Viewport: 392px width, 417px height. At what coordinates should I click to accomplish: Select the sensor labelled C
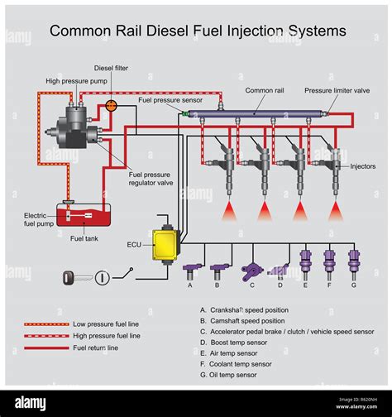pos(251,270)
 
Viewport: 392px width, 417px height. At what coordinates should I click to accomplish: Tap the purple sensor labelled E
pos(305,261)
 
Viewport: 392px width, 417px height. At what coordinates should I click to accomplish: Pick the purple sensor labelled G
pos(353,261)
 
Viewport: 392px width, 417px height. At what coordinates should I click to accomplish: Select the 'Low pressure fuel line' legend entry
pos(107,324)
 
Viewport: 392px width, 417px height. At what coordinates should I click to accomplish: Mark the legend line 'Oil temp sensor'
pos(233,375)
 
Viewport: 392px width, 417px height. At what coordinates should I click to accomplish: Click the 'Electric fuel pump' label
pos(39,218)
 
